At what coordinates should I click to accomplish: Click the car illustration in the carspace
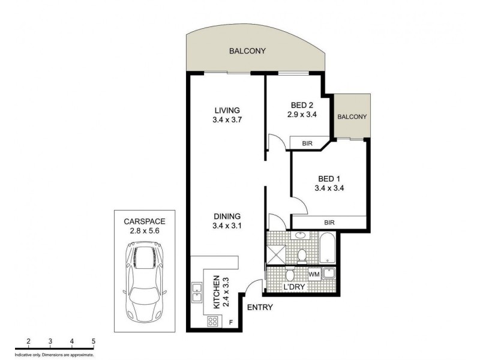tap(145, 281)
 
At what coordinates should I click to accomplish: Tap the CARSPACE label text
tap(145, 220)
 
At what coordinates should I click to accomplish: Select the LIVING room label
tap(227, 110)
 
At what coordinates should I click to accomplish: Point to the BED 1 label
tap(329, 178)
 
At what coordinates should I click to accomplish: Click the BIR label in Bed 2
tap(307, 143)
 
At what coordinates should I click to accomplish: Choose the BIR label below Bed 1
tap(329, 223)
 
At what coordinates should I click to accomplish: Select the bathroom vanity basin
tap(301, 236)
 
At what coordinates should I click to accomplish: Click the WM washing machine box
tap(313, 275)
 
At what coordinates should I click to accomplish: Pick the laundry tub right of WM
tap(329, 275)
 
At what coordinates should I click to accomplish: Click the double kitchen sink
tap(197, 292)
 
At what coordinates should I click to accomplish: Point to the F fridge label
tap(231, 323)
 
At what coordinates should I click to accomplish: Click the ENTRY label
tap(260, 308)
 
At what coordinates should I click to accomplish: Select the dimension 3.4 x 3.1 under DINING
tap(227, 226)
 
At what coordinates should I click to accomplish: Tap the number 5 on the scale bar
tap(94, 341)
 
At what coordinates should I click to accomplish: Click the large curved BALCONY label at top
tap(247, 51)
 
